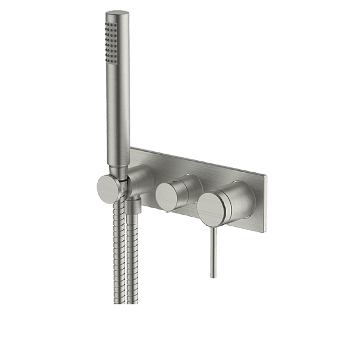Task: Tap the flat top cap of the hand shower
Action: coord(117,13)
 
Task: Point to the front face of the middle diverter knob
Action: coord(168,197)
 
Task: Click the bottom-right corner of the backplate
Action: coord(265,231)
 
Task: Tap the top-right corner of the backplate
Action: coord(266,176)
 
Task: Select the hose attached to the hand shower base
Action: coord(119,252)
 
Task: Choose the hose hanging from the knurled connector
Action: coord(132,259)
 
